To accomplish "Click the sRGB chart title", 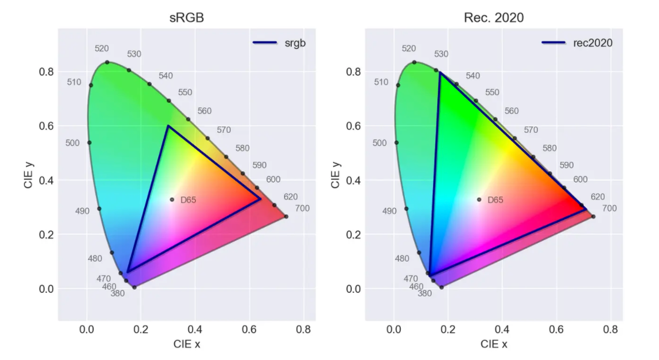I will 187,18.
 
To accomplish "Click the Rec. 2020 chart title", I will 494,18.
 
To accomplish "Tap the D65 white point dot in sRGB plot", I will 172,199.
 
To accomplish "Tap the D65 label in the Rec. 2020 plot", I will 495,200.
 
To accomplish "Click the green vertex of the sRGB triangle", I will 168,126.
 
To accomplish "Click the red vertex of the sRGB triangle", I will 261,199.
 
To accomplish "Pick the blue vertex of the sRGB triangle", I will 128,272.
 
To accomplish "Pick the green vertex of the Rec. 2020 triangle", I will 440,72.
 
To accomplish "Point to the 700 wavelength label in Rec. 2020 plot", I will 609,208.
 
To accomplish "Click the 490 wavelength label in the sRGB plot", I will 82,211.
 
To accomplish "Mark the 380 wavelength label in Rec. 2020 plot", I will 424,293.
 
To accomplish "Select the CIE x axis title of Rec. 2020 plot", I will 494,344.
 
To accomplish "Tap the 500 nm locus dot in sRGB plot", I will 89,142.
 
